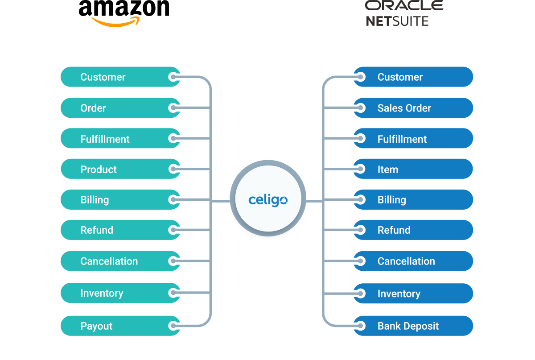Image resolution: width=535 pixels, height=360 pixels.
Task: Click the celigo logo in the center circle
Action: tap(267, 200)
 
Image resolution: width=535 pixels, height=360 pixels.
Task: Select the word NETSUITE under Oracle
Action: tap(397, 21)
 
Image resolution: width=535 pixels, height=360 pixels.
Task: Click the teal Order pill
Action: tap(120, 108)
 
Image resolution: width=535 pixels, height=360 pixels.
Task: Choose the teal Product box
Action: tap(120, 170)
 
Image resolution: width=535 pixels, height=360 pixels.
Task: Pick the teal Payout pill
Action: tap(120, 326)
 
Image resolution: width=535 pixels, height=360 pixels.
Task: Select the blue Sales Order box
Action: tap(413, 108)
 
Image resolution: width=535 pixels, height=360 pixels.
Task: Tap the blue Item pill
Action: tap(413, 170)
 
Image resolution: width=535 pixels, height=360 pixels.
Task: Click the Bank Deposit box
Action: tap(413, 326)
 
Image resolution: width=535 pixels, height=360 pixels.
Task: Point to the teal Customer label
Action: tap(103, 77)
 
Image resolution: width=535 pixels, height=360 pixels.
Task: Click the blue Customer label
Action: tap(400, 77)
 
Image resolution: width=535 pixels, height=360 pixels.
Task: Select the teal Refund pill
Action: tap(120, 230)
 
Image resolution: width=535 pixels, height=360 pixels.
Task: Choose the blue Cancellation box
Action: tap(413, 261)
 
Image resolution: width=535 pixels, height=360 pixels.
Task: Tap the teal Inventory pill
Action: tap(120, 293)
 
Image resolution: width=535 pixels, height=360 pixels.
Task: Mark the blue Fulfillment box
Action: tap(413, 139)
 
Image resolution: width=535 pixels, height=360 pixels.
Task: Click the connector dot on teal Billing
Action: tap(173, 200)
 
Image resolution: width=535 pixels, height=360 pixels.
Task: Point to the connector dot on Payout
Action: tap(173, 326)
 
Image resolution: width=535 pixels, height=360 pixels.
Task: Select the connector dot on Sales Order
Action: tap(361, 108)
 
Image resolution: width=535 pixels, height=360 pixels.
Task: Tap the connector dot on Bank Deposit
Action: tap(361, 326)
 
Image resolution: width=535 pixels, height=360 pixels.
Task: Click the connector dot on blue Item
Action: tap(361, 170)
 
